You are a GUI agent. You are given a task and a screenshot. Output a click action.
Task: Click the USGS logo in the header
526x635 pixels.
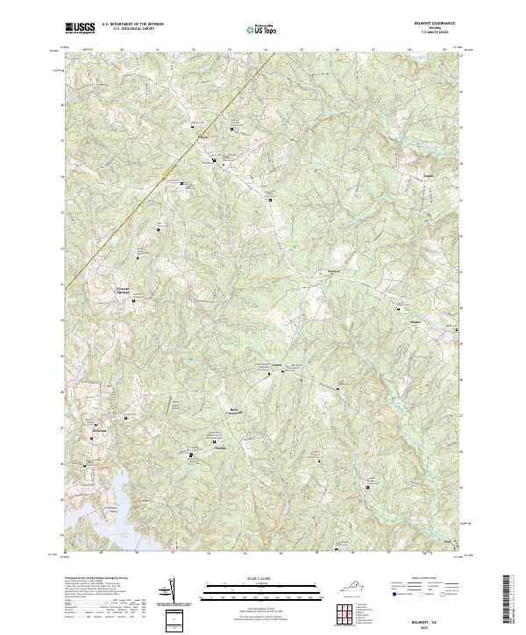tap(80, 27)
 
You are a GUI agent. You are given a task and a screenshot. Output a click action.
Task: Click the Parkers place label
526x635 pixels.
tap(332, 272)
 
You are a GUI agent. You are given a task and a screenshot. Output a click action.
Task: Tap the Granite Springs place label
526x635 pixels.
tap(127, 290)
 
